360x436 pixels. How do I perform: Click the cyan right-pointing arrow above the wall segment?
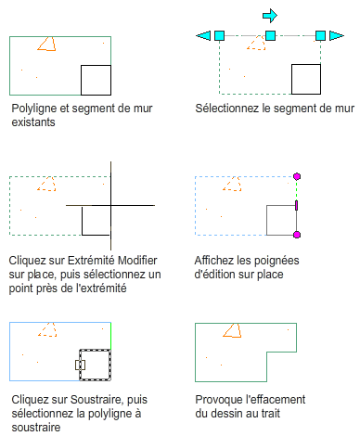point(270,16)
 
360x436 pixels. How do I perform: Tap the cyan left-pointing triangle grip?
point(203,35)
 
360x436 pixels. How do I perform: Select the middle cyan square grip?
point(270,35)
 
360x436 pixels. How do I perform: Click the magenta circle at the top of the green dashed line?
point(297,176)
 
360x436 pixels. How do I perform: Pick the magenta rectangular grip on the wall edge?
point(297,205)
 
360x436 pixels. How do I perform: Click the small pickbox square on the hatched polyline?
point(80,365)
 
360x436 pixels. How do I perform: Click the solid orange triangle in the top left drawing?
point(46,45)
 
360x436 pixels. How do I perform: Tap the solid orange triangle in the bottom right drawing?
point(232,330)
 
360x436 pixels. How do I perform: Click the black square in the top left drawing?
point(96,80)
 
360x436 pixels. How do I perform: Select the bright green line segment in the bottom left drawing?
point(110,336)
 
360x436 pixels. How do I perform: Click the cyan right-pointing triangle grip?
point(337,35)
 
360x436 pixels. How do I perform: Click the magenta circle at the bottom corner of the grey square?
point(297,235)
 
